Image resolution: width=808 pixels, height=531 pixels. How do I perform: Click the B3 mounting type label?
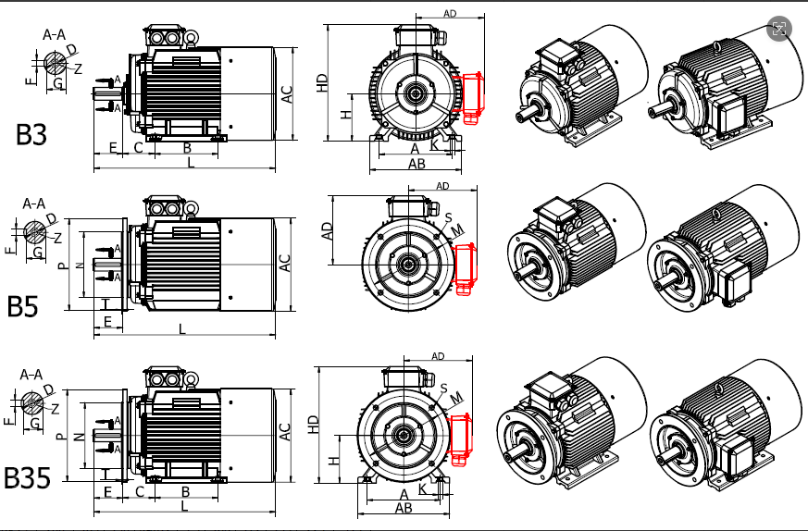(31, 134)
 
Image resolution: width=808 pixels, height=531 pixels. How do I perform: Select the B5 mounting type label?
(23, 306)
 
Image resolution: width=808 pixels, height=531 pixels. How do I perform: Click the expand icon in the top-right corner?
(779, 29)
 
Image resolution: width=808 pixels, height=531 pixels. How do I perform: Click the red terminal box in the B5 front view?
(465, 269)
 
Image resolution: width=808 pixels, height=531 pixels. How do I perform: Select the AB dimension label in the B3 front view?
(416, 164)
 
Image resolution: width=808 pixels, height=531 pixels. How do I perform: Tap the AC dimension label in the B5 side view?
(285, 263)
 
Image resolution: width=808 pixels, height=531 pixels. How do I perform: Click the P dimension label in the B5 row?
(62, 265)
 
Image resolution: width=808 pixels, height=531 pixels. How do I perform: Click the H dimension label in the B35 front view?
(334, 460)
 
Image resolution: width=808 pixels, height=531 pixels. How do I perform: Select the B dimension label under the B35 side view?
(185, 491)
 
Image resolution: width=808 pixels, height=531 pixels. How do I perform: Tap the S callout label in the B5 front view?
(446, 217)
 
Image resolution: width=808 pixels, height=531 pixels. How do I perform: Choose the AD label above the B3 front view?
(450, 14)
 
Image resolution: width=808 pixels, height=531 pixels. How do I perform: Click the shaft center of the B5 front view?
(405, 264)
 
